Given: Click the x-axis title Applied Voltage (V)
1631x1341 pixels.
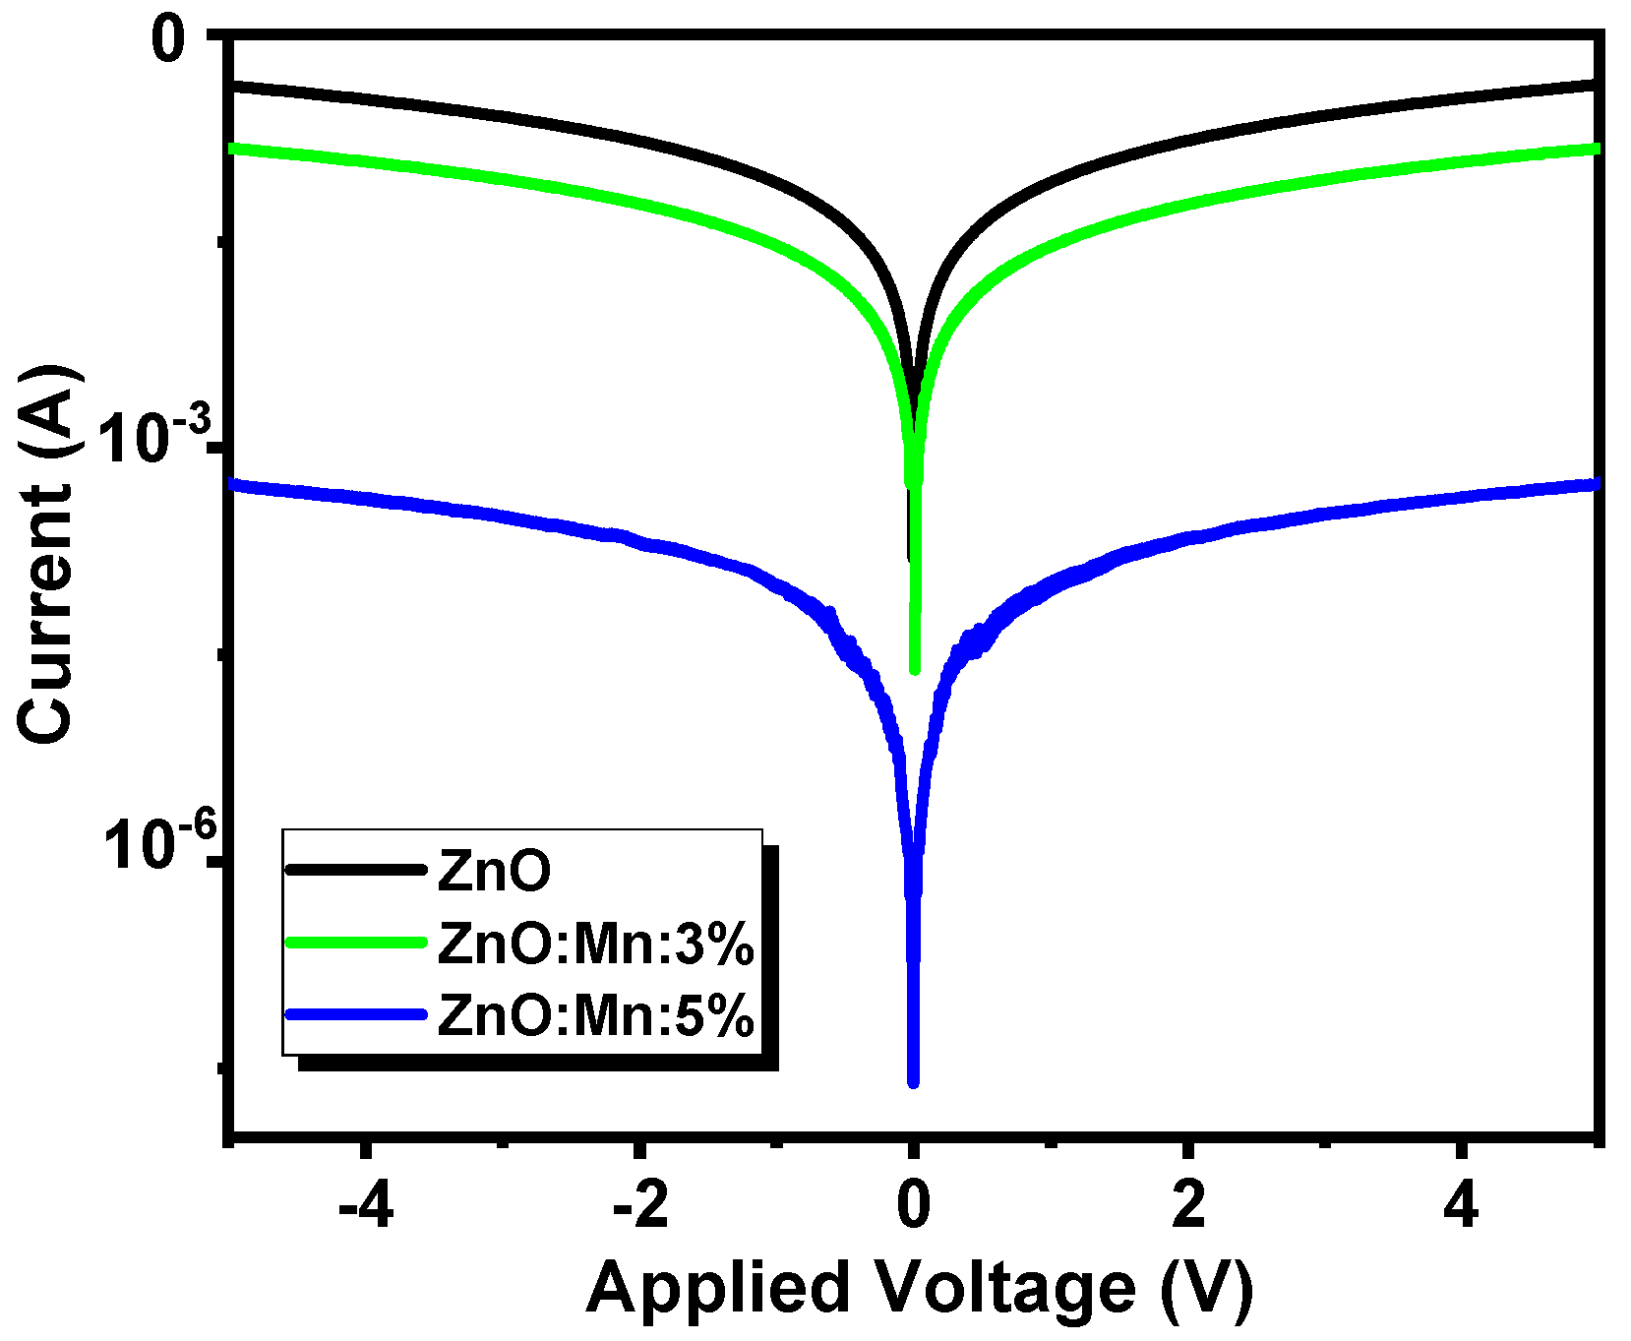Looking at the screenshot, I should [920, 1288].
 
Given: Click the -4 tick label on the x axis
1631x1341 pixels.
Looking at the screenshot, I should [365, 1205].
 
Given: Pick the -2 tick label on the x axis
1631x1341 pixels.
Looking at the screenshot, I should [640, 1205].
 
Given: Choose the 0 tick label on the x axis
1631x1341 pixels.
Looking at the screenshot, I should [914, 1205].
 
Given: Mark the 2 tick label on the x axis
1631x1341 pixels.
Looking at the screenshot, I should [1188, 1205].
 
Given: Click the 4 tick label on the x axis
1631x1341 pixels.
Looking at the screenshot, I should [1462, 1205].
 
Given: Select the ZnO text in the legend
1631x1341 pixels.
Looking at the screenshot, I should [494, 871].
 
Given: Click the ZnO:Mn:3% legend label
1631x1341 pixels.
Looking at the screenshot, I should [596, 945].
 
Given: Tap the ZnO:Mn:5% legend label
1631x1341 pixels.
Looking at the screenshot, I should [596, 1015].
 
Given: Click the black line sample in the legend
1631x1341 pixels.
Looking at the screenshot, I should [356, 870].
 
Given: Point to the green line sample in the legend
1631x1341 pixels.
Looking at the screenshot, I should [356, 943].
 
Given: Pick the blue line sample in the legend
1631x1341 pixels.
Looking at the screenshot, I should [356, 1014].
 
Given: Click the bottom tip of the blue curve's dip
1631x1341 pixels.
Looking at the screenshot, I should [913, 1081].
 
